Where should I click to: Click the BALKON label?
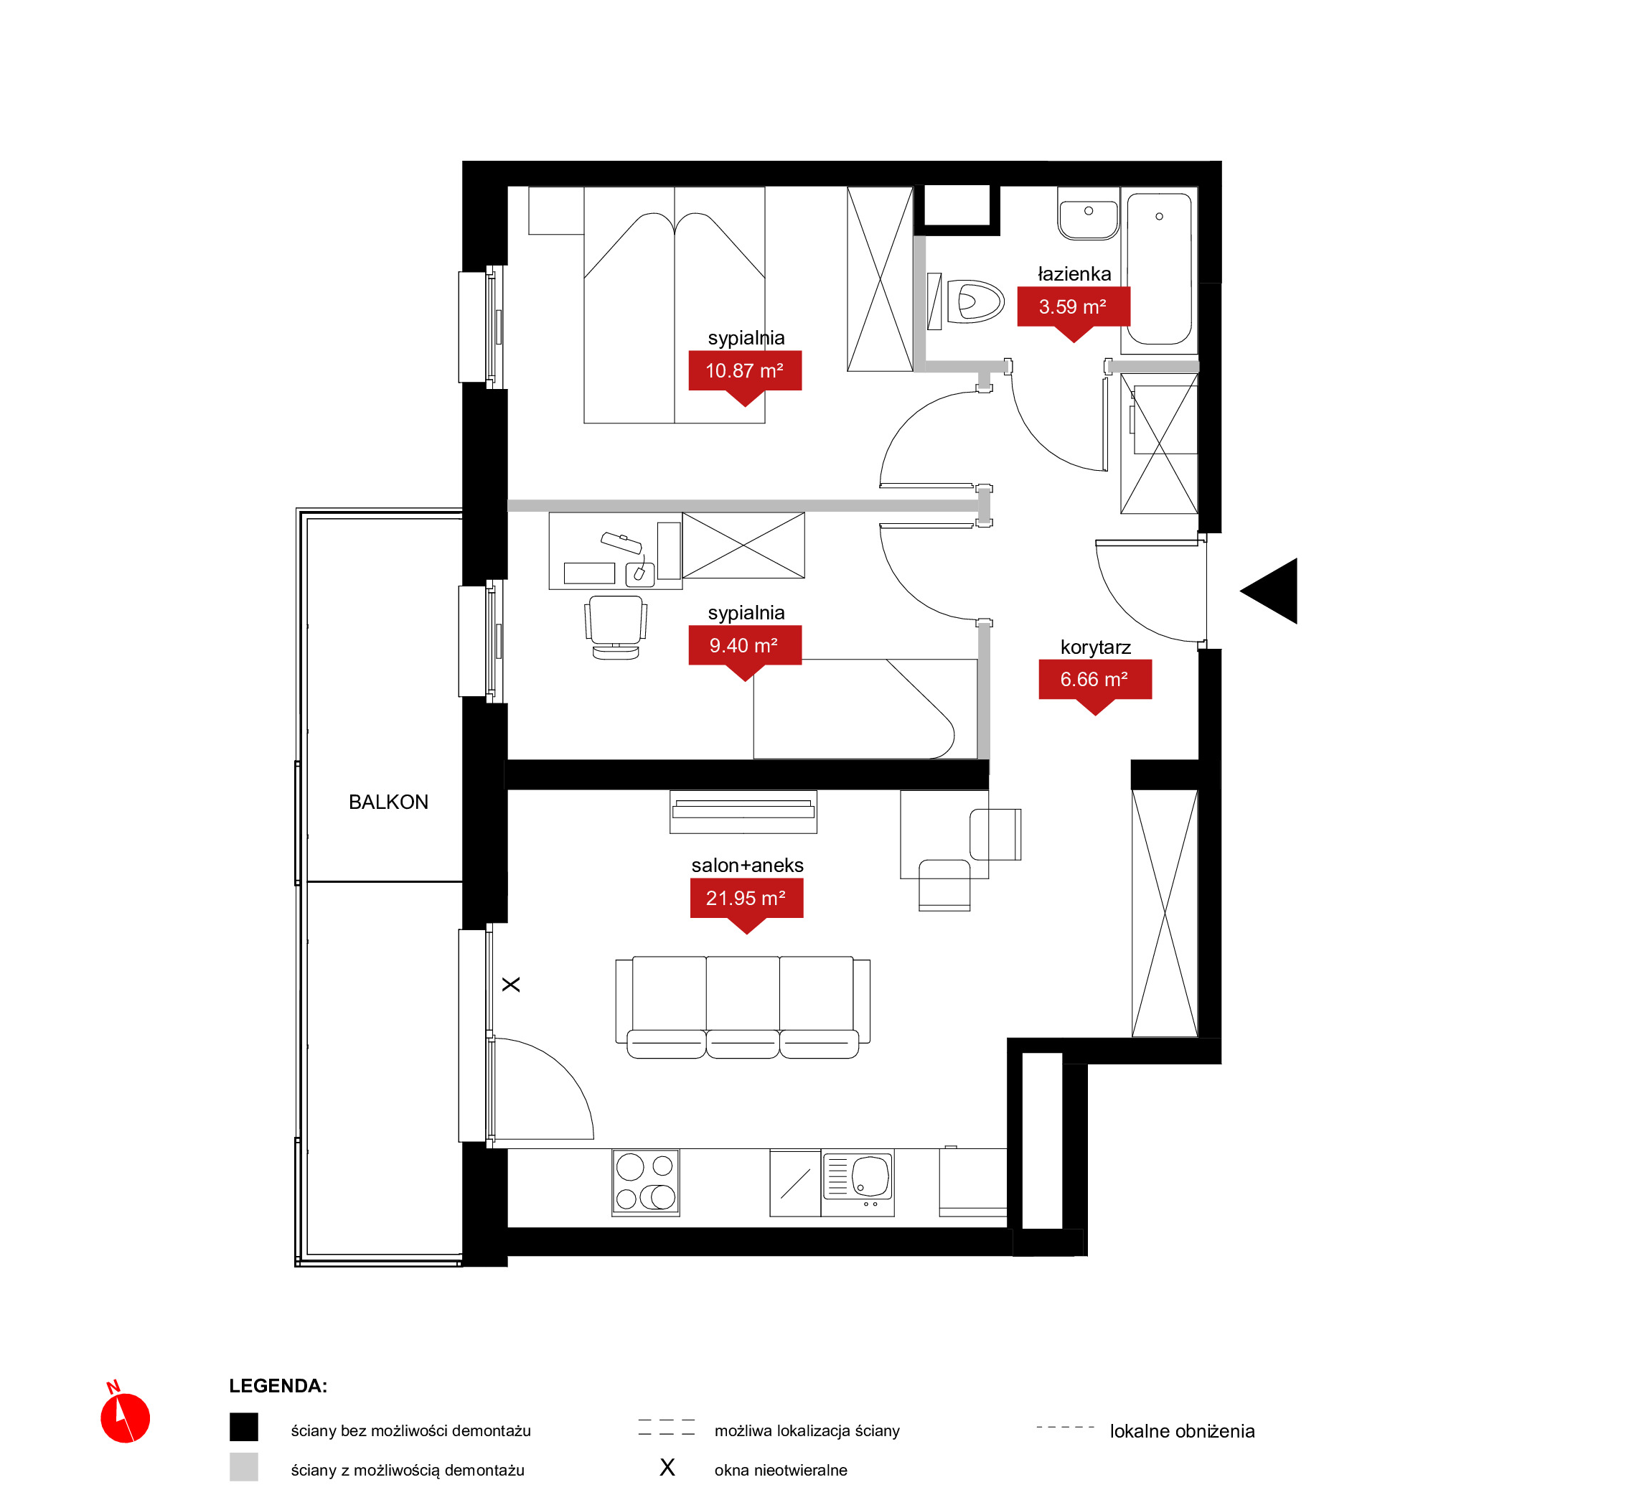pyautogui.click(x=388, y=802)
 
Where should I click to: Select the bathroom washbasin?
pyautogui.click(x=1088, y=214)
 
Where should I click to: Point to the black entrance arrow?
pyautogui.click(x=1274, y=591)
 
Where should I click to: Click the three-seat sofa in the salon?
pyautogui.click(x=743, y=1007)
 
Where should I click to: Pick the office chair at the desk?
pyautogui.click(x=616, y=628)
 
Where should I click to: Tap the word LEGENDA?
pyautogui.click(x=278, y=1386)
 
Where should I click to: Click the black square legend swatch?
pyautogui.click(x=243, y=1427)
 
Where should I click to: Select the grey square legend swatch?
pyautogui.click(x=243, y=1467)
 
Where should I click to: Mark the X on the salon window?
pyautogui.click(x=511, y=985)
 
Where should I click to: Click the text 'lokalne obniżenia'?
pyautogui.click(x=1182, y=1431)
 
